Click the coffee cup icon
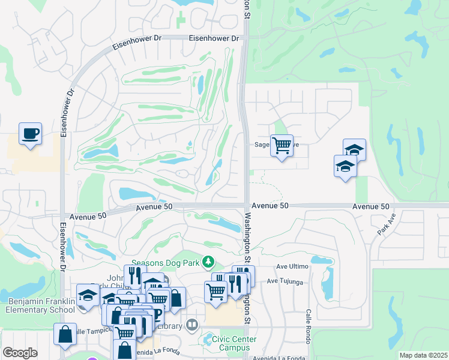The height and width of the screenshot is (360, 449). (30, 133)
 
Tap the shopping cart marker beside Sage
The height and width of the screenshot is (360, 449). (282, 145)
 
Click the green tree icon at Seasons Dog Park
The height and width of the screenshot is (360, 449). (208, 262)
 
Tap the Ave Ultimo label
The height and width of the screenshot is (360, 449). (292, 266)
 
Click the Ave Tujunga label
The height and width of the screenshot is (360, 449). (293, 281)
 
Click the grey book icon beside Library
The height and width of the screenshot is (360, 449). (192, 326)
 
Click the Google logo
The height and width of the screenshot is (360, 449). (20, 353)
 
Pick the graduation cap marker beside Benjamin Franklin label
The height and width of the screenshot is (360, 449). (88, 296)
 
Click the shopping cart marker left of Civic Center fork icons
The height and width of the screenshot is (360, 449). (215, 292)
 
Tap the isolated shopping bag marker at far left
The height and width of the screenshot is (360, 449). (65, 334)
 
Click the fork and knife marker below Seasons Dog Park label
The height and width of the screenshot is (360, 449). (134, 276)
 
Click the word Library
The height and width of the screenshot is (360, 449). (171, 326)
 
